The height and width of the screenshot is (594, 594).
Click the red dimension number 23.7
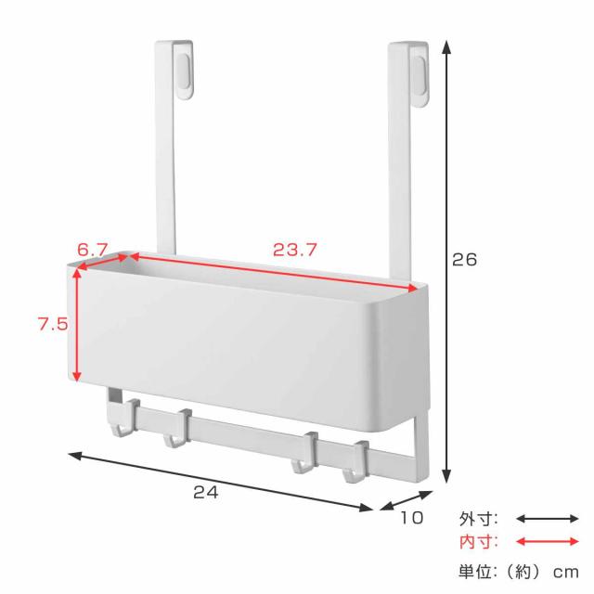pos(295,250)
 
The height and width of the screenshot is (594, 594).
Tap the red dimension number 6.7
pos(93,250)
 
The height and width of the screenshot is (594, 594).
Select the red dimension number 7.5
pos(53,324)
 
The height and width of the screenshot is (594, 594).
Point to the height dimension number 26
pos(464,260)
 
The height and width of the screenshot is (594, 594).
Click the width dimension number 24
pos(206,493)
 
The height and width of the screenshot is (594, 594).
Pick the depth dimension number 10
pos(412,518)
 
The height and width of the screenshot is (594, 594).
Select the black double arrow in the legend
pos(548,519)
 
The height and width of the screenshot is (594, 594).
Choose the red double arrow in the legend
pos(548,542)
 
